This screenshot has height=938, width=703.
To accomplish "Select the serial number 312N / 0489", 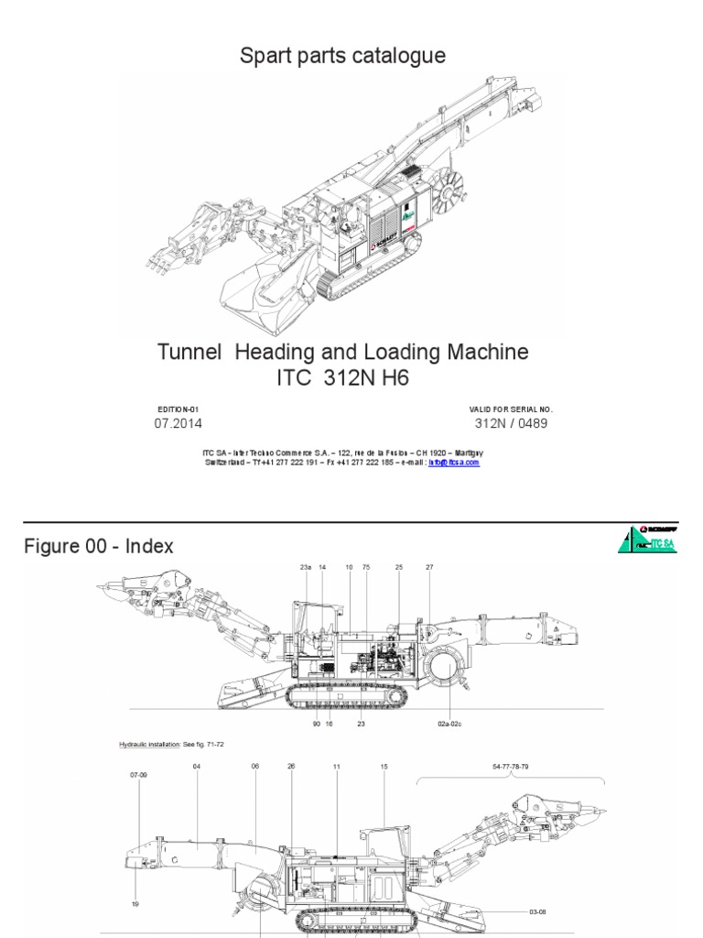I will coord(512,423).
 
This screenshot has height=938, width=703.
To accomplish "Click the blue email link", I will coord(460,463).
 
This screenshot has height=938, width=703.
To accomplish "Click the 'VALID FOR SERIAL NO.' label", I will coord(512,409).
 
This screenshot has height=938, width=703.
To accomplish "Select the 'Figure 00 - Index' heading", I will coord(98,546).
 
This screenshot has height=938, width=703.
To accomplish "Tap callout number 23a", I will coord(306,568).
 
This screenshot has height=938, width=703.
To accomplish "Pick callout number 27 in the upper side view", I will coord(429,568).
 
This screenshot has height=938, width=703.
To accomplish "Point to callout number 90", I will coord(315,724).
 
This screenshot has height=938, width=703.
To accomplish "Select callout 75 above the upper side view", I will coord(366,568).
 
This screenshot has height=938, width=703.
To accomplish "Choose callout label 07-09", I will coord(139,775).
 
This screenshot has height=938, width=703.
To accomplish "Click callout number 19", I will coord(136,877).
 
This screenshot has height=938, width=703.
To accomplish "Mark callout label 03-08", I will coord(538,887).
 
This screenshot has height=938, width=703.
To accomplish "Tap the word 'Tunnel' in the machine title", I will coord(189,352).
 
